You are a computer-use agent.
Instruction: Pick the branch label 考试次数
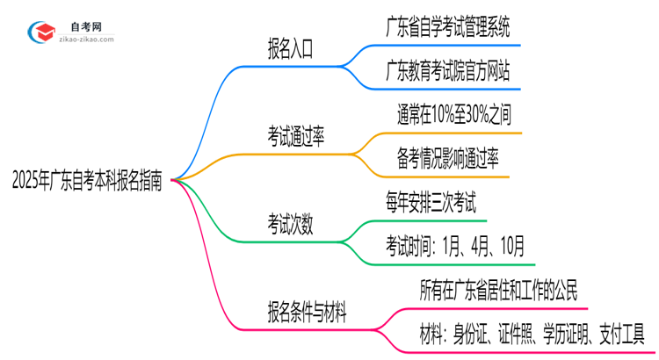[x=291, y=225]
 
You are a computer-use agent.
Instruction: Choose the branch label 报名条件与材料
[x=308, y=311]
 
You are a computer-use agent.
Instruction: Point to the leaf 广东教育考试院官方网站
[x=448, y=71]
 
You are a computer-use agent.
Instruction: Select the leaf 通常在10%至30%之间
[x=453, y=113]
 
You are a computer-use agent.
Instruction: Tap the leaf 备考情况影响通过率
[x=446, y=158]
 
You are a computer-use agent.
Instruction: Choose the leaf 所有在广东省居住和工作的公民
[x=500, y=289]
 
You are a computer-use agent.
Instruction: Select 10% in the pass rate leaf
[x=442, y=113]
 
